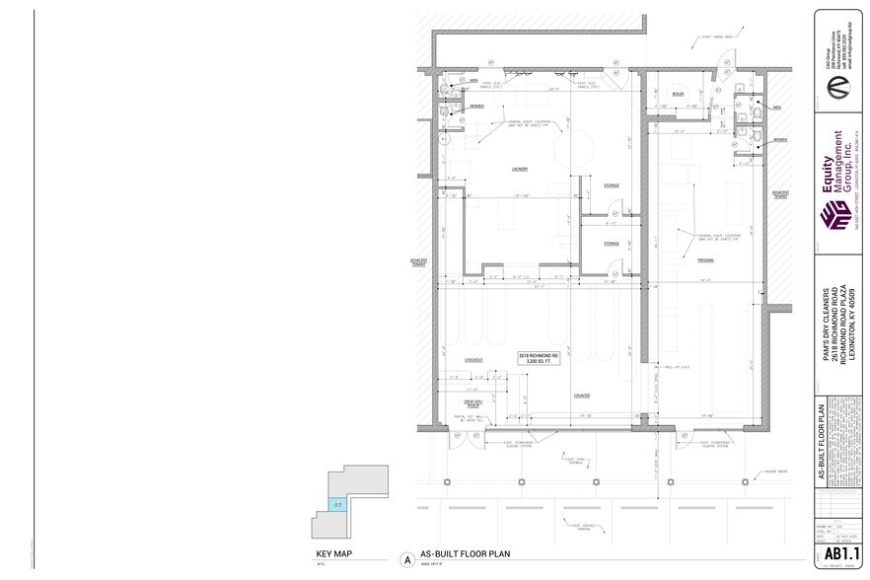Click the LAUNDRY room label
(x=520, y=169)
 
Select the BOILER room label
(x=678, y=94)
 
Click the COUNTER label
(x=582, y=396)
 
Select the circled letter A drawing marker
(x=405, y=558)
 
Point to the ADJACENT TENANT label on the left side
(x=417, y=262)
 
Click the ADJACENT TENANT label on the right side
(x=781, y=193)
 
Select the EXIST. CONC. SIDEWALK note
(x=573, y=460)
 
